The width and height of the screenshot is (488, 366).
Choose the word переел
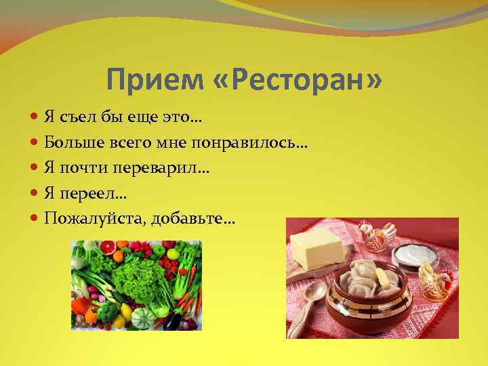(x=89, y=194)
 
